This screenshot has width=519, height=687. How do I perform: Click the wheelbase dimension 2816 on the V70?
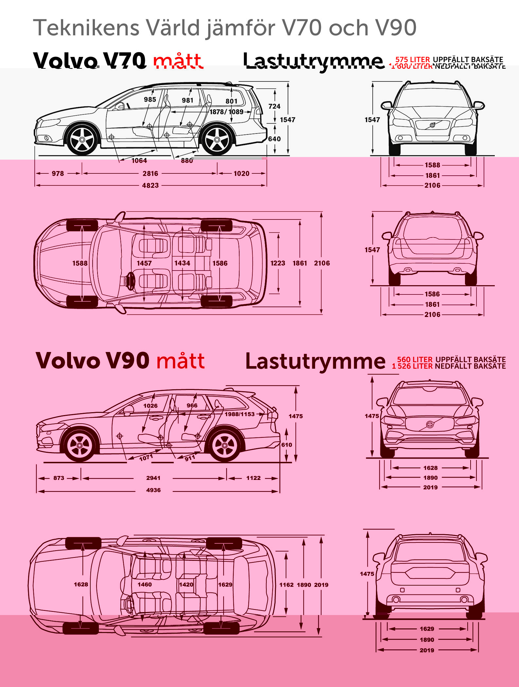150,173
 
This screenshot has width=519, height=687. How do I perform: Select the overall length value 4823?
150,185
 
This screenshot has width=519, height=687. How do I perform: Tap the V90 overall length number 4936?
153,490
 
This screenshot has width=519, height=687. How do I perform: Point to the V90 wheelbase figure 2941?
153,478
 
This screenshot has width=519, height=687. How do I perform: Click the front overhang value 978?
58,173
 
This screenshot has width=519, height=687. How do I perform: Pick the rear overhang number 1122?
253,478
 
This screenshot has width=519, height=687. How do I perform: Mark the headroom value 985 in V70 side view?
150,99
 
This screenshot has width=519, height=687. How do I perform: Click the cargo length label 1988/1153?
240,414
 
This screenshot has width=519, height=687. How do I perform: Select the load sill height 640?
274,139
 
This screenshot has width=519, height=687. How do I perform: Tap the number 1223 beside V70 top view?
277,263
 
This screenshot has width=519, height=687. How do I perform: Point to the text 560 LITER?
415,359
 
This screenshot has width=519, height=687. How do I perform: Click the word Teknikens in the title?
86,27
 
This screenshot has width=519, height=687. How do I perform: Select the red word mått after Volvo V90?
180,361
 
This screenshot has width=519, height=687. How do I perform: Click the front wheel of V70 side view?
82,140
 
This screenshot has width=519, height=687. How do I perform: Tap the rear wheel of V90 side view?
224,446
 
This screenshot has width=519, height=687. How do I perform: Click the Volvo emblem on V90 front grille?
430,424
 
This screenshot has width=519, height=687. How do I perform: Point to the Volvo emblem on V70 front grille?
432,125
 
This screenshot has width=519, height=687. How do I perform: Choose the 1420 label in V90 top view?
186,584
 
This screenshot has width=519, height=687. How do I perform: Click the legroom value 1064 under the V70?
139,160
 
